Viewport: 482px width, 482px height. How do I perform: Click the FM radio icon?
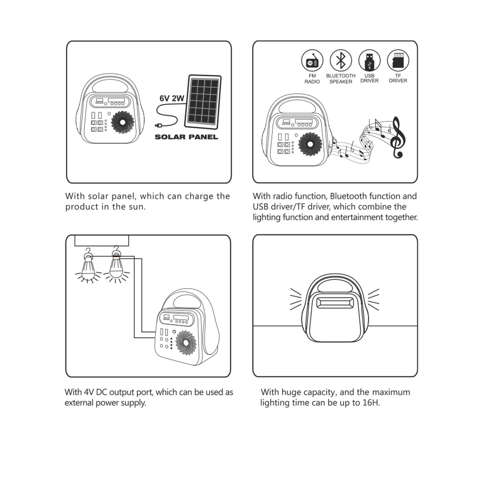(x=312, y=60)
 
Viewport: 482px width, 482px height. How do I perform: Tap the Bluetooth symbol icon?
(x=341, y=60)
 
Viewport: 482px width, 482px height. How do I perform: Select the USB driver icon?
(x=369, y=60)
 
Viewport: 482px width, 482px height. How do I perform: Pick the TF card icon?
(x=398, y=60)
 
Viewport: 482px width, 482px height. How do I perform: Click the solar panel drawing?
(x=203, y=102)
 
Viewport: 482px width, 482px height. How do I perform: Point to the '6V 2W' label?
(x=172, y=98)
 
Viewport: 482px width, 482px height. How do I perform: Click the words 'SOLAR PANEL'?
(x=186, y=137)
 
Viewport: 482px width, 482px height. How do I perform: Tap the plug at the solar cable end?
(x=159, y=125)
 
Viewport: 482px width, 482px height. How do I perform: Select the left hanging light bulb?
(x=88, y=268)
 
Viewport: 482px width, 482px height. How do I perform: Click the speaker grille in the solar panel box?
(x=123, y=122)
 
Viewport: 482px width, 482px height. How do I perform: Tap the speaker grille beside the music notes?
(x=310, y=144)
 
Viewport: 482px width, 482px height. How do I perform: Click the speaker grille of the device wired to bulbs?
(x=186, y=343)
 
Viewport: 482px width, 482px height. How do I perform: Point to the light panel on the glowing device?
(x=334, y=303)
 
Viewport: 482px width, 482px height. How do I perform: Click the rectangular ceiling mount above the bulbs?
(x=102, y=241)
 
